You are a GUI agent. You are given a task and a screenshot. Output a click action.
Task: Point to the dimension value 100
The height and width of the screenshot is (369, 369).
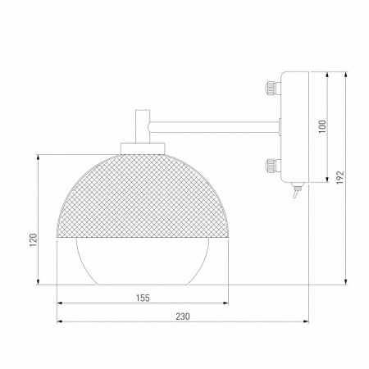pyautogui.click(x=322, y=127)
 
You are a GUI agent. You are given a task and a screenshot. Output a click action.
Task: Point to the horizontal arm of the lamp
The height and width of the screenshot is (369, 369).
pyautogui.click(x=213, y=125)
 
